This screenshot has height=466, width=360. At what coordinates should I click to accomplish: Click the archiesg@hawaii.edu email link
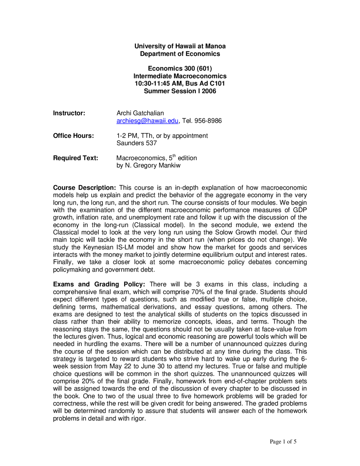147,121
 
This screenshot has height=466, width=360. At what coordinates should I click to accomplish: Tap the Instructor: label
69,113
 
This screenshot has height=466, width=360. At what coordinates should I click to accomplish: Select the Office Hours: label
73,136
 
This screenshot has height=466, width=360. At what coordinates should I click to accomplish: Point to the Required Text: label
75,158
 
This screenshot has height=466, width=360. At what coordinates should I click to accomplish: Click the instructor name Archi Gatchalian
140,113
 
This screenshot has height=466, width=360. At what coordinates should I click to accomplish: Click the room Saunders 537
136,143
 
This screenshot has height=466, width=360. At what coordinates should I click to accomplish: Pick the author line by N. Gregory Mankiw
148,165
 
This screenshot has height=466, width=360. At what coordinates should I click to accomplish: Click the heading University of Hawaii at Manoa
180,46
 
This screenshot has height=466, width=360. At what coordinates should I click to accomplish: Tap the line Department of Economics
180,54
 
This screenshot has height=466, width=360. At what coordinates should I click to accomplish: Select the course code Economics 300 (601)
180,68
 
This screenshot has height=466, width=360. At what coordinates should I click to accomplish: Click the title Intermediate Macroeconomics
180,76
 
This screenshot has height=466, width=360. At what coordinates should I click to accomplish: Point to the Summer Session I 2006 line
180,91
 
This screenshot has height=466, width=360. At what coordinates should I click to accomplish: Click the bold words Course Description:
84,188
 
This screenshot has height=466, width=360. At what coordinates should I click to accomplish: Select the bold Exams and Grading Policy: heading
99,284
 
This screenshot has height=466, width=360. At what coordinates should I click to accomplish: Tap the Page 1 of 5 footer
283,442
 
